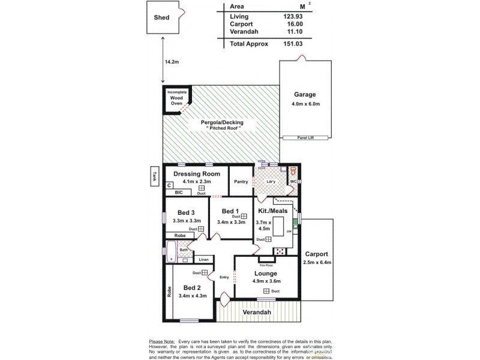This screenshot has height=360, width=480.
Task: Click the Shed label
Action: (x=161, y=17)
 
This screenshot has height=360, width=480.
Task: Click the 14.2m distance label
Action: (x=172, y=61)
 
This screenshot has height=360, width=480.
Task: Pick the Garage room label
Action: (x=305, y=95)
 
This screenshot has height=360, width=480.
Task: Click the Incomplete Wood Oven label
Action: (x=176, y=97)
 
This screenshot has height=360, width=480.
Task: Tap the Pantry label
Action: (x=241, y=182)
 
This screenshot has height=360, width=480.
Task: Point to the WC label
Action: (x=294, y=182)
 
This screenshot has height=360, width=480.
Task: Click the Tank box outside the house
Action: (x=155, y=176)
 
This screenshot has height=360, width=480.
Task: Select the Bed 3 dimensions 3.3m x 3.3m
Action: (x=186, y=221)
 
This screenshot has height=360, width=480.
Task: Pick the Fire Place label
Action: (x=266, y=264)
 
